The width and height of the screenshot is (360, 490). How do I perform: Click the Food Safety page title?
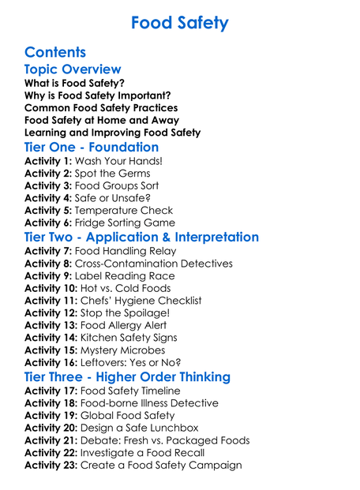click(x=179, y=22)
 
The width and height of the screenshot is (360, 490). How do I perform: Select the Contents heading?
click(x=55, y=53)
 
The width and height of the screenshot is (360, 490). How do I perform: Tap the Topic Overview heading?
click(x=73, y=70)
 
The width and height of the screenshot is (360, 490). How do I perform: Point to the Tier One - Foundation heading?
click(x=92, y=148)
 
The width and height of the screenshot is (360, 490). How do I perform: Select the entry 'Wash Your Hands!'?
click(x=114, y=161)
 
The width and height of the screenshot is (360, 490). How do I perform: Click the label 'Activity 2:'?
click(x=48, y=174)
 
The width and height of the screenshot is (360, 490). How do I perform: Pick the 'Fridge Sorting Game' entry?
click(x=128, y=223)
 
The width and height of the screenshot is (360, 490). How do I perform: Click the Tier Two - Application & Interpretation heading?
click(x=141, y=238)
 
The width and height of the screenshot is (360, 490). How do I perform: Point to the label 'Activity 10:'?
click(x=51, y=289)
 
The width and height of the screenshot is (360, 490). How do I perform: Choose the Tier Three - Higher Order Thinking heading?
click(x=127, y=377)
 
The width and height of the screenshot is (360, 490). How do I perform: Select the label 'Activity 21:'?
click(x=51, y=440)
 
